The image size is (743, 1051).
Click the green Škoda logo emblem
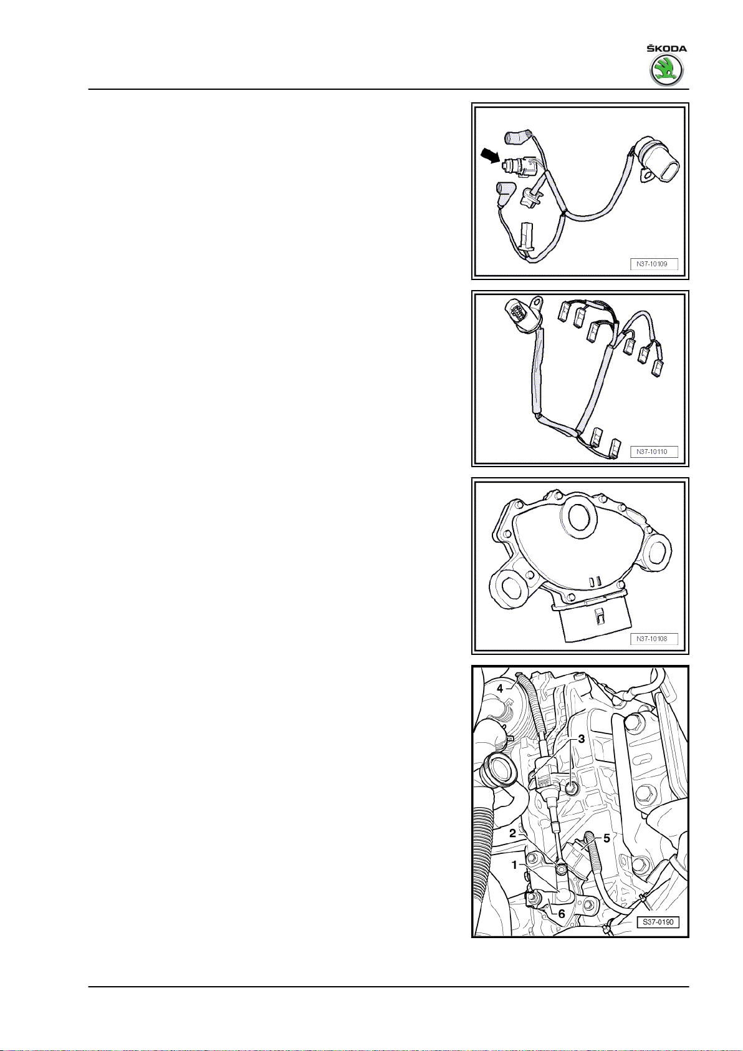click(666, 71)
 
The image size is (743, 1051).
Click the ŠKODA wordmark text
click(666, 48)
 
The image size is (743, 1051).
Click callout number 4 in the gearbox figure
click(500, 689)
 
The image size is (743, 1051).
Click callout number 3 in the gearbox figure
click(582, 739)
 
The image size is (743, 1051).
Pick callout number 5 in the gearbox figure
click(606, 838)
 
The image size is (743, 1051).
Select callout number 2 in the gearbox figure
click(512, 833)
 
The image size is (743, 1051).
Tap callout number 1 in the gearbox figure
click(514, 865)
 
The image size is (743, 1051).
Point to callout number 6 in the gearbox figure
click(561, 913)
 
